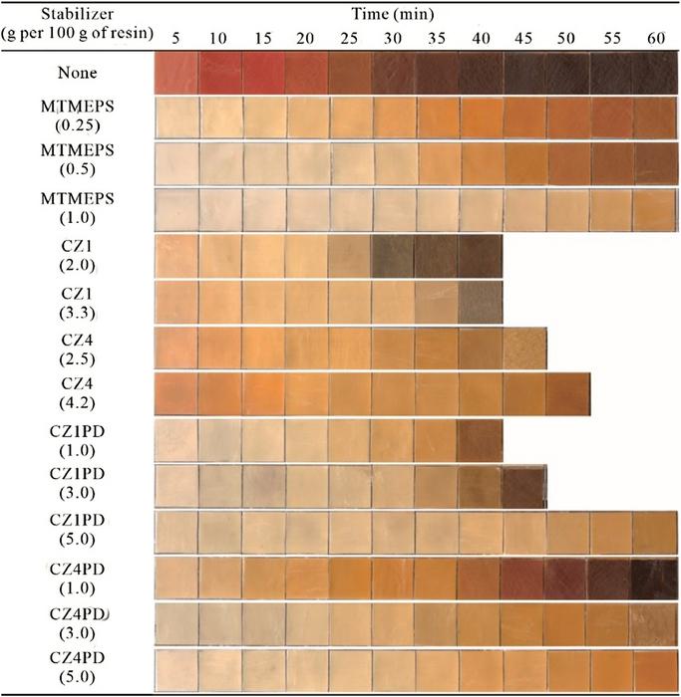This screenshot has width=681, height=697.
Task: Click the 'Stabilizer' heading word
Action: [78, 15]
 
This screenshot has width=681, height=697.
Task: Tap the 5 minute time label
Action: [176, 37]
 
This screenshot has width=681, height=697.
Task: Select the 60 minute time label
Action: [656, 37]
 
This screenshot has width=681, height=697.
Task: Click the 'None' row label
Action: [78, 72]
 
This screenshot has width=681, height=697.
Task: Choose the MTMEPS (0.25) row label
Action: [78, 117]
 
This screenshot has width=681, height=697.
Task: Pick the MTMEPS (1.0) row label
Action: [78, 209]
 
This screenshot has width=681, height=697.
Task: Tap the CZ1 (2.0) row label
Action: [78, 256]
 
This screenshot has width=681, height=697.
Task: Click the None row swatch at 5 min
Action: [176, 72]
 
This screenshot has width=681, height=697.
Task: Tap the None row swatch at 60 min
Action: [656, 72]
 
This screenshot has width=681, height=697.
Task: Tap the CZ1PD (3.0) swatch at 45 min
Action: [524, 485]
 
